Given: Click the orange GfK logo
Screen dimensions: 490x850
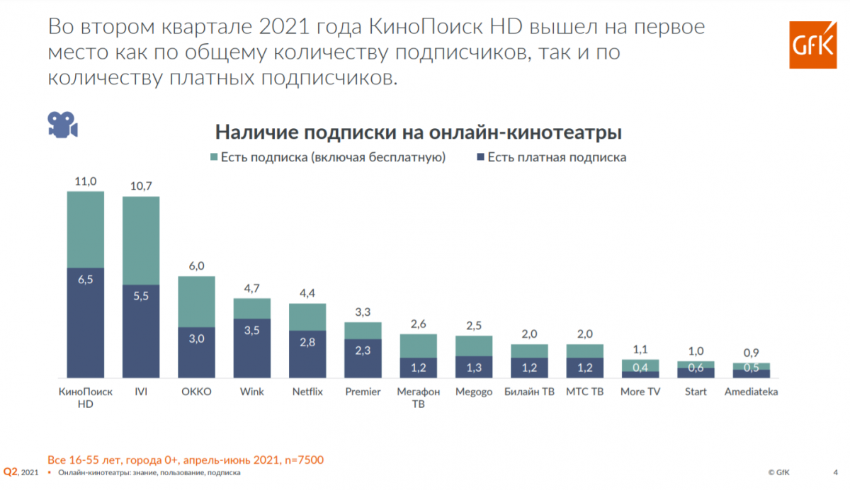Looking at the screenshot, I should coord(812,45).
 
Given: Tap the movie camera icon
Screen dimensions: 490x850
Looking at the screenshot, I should coord(62,125).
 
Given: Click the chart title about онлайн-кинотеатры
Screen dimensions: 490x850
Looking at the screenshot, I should coord(419,132).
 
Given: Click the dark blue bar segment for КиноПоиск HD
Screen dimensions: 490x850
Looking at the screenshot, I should coord(86,322).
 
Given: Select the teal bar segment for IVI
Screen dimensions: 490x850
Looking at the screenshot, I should coord(141,240).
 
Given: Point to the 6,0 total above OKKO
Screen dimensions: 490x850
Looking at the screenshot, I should coord(196,266).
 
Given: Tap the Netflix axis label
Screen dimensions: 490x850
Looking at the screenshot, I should coord(307,392).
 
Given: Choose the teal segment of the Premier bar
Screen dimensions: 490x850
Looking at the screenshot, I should coord(363,331).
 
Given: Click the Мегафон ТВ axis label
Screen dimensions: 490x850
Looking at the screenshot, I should coord(419,398).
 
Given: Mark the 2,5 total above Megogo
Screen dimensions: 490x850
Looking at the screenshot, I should coord(474,326).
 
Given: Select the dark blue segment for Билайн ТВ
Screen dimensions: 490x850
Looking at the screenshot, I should coord(530,367).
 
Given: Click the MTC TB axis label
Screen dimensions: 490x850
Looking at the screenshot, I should coord(585,392).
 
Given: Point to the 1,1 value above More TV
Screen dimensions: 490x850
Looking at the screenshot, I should coord(640,349).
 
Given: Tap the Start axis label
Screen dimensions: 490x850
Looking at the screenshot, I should coord(696,392).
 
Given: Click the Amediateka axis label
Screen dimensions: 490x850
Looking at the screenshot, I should coord(751,392).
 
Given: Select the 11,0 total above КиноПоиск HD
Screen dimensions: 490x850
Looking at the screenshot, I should coord(86,181).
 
